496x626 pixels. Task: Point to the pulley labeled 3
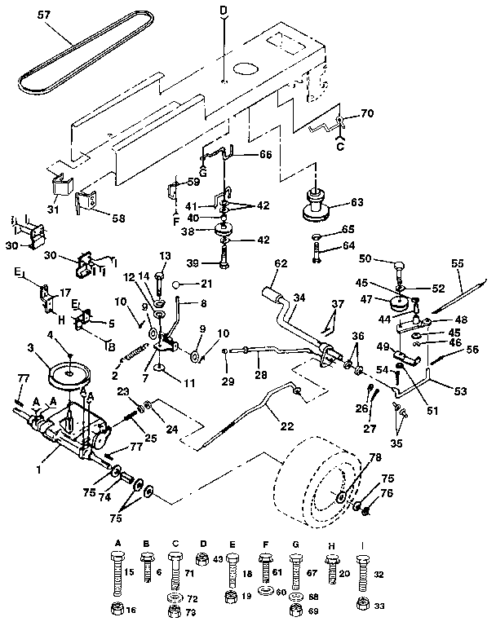click(x=69, y=375)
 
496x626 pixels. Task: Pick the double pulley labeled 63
click(x=314, y=204)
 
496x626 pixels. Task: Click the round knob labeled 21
click(x=185, y=284)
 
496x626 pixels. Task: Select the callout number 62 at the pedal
click(x=281, y=263)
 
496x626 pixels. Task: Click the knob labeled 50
click(x=400, y=267)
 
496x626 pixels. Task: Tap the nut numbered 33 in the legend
click(x=361, y=604)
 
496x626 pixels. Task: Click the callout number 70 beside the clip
click(x=366, y=115)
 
